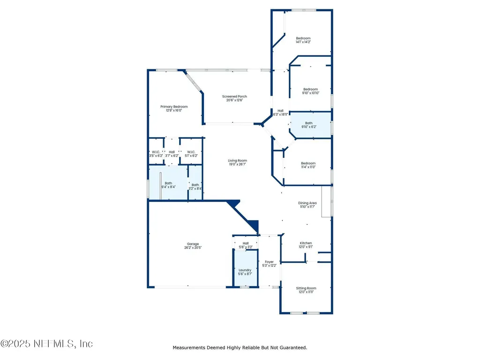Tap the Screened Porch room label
point(234,97)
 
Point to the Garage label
point(193,244)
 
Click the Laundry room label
point(245,270)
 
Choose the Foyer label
point(269,262)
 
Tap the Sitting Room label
point(306,288)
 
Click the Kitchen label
point(306,243)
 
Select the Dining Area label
point(307,203)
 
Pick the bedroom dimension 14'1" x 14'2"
point(303,42)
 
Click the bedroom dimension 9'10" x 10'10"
point(310,93)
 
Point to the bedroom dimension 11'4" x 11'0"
point(308,167)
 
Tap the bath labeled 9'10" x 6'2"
point(308,127)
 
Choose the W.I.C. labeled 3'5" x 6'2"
point(156,155)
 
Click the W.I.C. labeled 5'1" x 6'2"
point(191,155)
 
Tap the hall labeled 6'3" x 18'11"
point(280,114)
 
